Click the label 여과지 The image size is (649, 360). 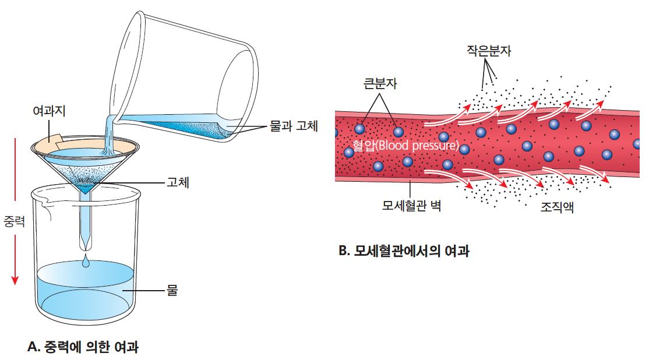tap(50, 109)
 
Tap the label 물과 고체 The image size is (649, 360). tap(293, 126)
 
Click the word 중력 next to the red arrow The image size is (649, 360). tap(14, 222)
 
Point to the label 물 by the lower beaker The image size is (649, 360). tap(172, 289)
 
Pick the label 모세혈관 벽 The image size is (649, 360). tap(411, 206)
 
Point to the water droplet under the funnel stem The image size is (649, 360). tap(86, 264)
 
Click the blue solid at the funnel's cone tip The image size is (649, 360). tap(87, 188)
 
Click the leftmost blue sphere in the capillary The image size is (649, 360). tap(348, 152)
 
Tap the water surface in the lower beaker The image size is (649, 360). tap(86, 271)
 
